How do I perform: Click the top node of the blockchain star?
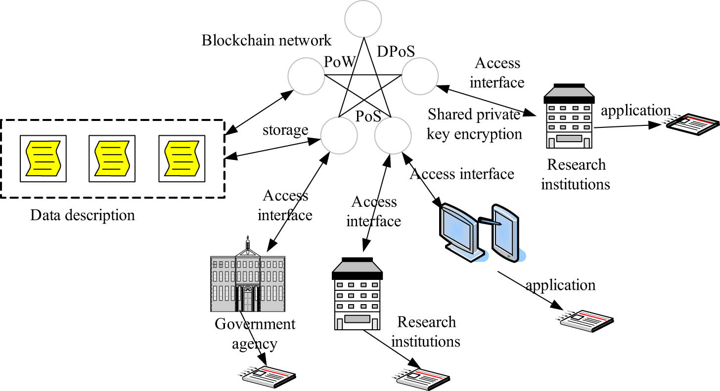[363, 19]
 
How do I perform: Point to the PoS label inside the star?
[368, 117]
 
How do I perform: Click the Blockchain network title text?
[267, 40]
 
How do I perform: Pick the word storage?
[285, 130]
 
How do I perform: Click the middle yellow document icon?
[112, 156]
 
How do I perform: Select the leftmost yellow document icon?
[44, 156]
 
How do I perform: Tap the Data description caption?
[83, 215]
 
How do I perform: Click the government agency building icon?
[248, 277]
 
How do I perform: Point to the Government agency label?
[255, 333]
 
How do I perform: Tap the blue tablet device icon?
[505, 231]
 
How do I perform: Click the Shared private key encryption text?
[475, 124]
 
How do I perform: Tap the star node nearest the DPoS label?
[419, 77]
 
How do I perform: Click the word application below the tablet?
[561, 285]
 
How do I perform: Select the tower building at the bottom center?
[358, 294]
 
